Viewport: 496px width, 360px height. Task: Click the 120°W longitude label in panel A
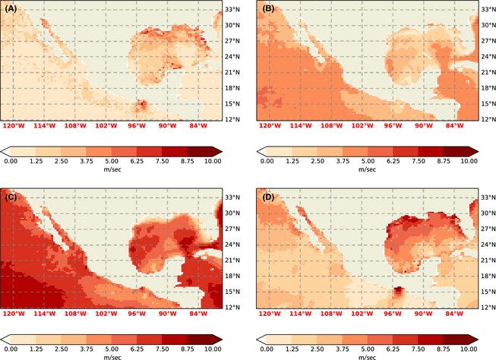tap(14, 126)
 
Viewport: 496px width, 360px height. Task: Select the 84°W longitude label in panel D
tap(455, 314)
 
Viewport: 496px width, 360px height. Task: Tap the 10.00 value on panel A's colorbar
tap(213, 161)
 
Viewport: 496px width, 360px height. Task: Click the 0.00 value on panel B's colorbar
tap(267, 161)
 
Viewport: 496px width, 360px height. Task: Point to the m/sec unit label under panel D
tap(368, 357)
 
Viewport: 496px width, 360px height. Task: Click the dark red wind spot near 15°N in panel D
tap(398, 292)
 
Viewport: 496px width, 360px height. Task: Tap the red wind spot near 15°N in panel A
tap(141, 106)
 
